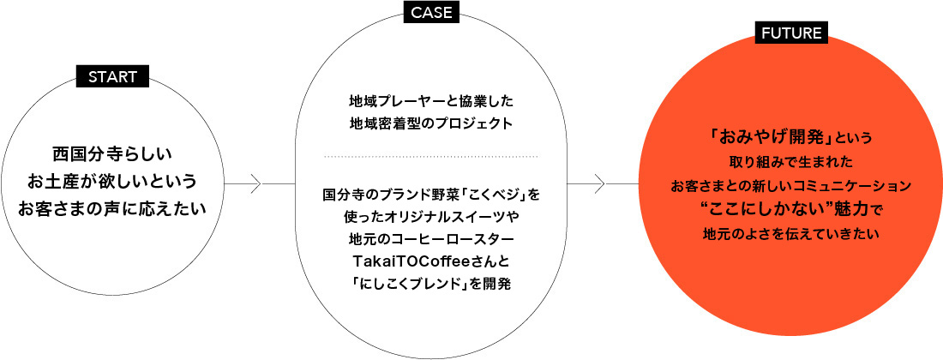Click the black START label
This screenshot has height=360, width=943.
(112, 76)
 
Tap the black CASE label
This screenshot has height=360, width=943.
(431, 12)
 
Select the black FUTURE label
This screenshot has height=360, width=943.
(791, 33)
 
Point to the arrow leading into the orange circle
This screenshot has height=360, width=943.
(604, 183)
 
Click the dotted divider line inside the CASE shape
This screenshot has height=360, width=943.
(431, 156)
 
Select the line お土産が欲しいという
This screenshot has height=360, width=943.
(112, 181)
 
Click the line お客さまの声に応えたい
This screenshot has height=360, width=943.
(112, 209)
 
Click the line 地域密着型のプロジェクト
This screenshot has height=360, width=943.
(431, 123)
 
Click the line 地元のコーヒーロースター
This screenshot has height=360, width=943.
(431, 240)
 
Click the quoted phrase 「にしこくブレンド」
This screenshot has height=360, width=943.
(400, 284)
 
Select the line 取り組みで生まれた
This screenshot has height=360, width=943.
(791, 162)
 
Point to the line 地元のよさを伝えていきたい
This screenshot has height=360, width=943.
(791, 234)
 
